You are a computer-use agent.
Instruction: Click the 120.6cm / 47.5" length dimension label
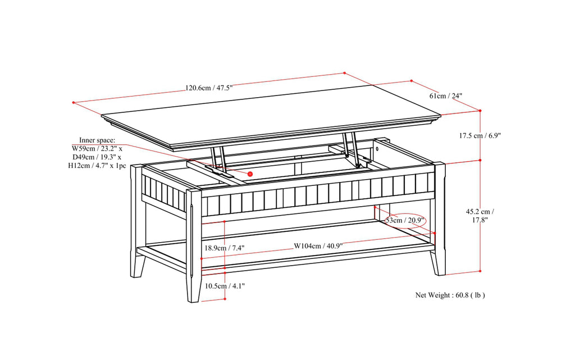click(209, 88)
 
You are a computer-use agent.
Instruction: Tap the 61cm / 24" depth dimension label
click(446, 96)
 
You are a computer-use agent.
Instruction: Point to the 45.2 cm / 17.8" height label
click(480, 216)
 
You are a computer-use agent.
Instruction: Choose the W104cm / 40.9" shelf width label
click(318, 246)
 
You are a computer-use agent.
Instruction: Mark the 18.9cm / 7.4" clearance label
click(224, 248)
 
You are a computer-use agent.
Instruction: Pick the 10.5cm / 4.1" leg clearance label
click(224, 286)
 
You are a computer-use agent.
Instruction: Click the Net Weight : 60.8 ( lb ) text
click(450, 295)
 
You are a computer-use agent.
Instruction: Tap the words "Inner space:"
click(97, 140)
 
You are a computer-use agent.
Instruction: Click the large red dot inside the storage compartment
click(250, 174)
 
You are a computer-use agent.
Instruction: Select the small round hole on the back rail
click(378, 150)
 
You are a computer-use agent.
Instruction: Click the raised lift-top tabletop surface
click(270, 115)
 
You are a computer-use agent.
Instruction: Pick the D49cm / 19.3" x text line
click(98, 157)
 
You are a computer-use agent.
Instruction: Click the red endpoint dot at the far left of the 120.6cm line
click(74, 102)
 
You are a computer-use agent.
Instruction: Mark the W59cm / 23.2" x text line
click(98, 148)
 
